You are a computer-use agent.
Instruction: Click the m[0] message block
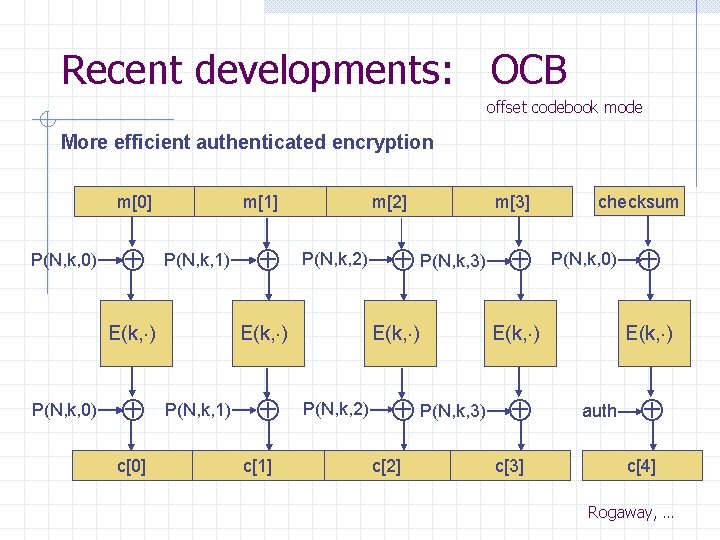[134, 202]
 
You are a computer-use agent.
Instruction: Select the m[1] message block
[260, 202]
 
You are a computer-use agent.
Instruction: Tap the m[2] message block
[389, 202]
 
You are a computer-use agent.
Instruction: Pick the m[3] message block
[513, 202]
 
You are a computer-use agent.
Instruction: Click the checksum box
[638, 202]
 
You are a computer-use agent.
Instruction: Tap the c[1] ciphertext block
[258, 465]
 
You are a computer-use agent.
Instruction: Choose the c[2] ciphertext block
[386, 465]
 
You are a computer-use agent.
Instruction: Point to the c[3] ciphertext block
[509, 465]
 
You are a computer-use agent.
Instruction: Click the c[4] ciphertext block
[641, 465]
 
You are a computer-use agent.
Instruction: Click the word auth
[599, 410]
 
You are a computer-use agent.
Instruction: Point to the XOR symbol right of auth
[650, 409]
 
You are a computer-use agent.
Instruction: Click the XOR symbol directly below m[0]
[133, 260]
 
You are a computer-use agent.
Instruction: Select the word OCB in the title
[529, 70]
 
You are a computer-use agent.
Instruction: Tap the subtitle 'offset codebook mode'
[564, 107]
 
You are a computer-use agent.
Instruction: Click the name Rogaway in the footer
[620, 512]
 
